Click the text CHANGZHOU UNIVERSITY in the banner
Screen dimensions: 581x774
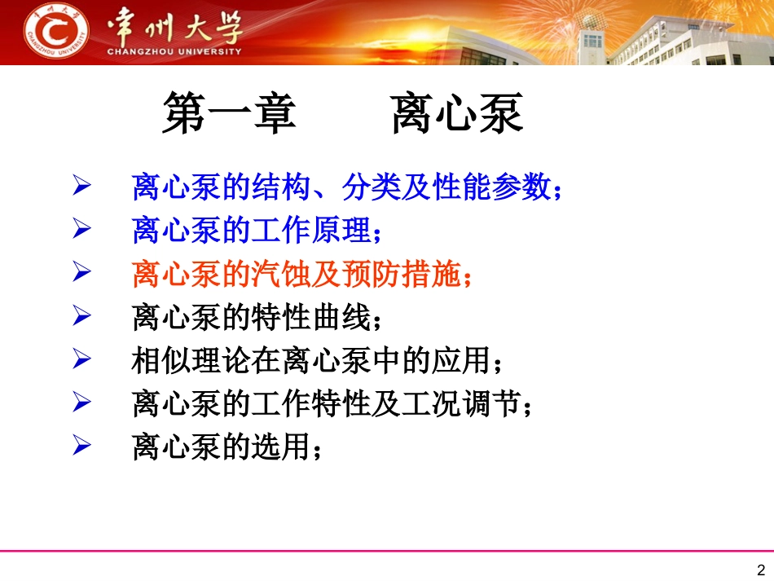point(174,51)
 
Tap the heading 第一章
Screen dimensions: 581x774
point(229,114)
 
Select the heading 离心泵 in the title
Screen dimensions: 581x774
point(457,114)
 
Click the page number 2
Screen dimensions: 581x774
point(762,570)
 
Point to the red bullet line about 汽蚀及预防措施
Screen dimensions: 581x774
point(301,275)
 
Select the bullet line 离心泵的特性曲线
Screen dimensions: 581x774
point(257,318)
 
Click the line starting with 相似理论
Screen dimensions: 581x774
point(323,361)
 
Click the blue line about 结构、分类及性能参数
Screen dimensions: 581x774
point(347,188)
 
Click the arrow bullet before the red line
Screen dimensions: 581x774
point(81,274)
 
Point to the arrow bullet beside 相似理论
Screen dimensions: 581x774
point(81,360)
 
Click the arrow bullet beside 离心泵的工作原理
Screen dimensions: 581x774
point(81,231)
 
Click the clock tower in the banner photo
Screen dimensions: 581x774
point(591,33)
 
